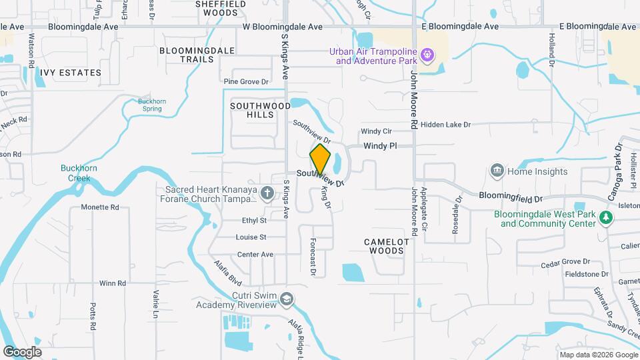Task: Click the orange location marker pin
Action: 321,160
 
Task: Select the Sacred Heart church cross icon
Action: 267,193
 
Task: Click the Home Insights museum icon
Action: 496,171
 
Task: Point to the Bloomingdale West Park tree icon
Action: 605,217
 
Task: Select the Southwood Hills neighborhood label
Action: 260,110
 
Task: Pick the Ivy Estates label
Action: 70,72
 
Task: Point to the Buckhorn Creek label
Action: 79,173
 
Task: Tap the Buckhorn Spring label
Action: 151,105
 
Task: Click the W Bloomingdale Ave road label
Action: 282,27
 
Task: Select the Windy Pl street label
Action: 380,145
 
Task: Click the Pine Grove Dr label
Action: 245,82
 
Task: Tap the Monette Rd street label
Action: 99,207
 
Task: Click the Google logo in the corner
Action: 22,351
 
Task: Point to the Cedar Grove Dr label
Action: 565,262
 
